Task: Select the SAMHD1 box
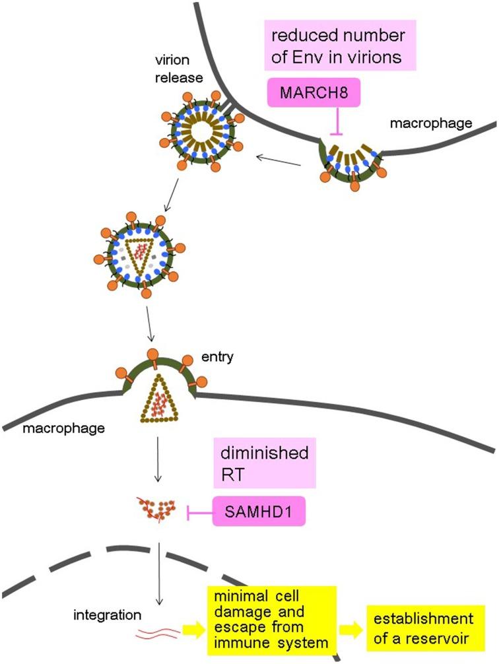pos(259,512)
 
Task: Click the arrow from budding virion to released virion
pos(275,158)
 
